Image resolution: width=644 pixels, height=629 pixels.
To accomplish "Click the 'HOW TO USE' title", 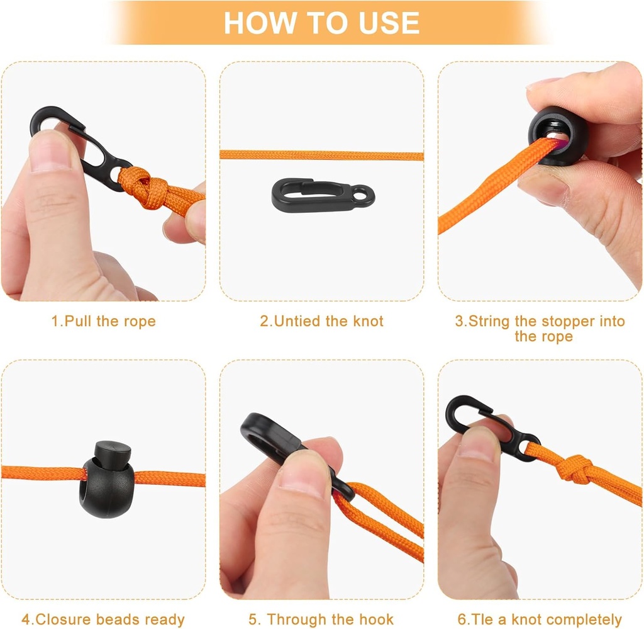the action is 321,23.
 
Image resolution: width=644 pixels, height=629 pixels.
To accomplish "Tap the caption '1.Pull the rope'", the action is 104,321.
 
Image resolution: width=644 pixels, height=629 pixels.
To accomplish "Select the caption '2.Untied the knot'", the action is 321,321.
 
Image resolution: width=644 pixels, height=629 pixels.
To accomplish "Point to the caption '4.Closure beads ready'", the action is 103,619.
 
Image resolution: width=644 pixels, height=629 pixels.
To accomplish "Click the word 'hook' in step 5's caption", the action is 376,619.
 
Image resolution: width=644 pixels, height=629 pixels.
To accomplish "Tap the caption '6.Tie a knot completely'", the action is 540,619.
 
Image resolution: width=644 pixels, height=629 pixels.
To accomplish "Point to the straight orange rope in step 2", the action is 321,156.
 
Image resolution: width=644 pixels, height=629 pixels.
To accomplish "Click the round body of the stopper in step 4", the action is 106,487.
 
